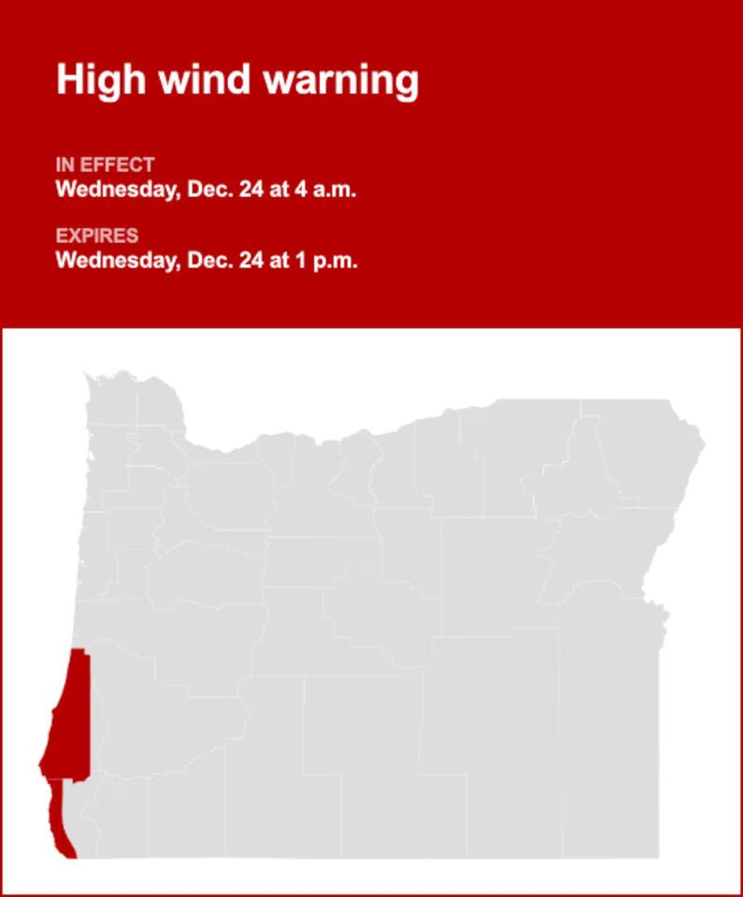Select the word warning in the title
point(341,81)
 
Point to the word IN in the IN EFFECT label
point(64,165)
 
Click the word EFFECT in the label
point(117,165)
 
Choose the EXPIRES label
point(97,235)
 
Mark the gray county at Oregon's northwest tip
point(112,402)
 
